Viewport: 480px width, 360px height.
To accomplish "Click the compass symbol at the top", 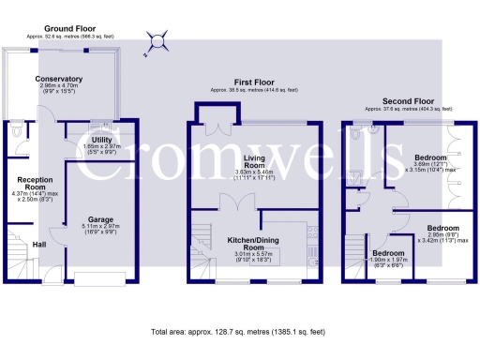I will (157, 39).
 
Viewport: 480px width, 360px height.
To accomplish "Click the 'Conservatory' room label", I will (59, 79).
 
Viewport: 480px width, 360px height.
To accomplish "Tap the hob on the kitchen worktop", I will (313, 233).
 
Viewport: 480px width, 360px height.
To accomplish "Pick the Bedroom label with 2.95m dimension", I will (443, 228).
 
